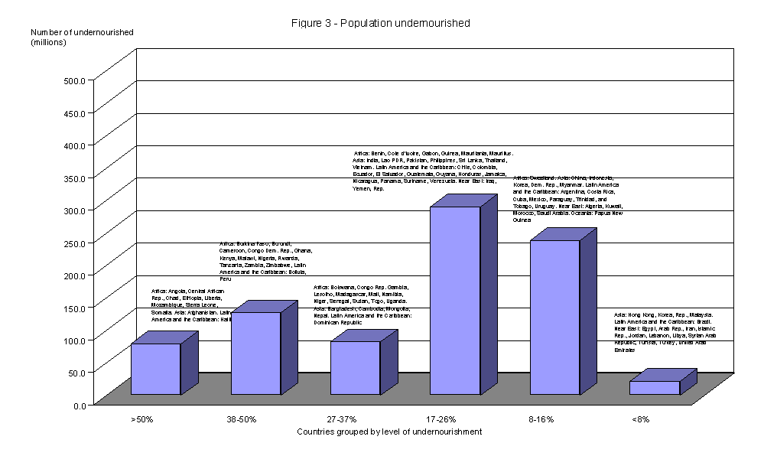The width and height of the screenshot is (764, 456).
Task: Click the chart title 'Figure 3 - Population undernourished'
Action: [380, 23]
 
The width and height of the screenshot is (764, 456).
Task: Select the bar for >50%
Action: [155, 369]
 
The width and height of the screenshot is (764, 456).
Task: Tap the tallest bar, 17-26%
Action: [455, 301]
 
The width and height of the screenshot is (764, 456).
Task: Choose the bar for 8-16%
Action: [554, 318]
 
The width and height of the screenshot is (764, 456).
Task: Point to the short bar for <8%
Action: [654, 388]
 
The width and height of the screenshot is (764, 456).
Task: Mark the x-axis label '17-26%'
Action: [442, 419]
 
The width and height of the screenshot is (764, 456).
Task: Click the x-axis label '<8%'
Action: [641, 419]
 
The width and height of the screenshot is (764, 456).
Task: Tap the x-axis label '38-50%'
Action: [242, 419]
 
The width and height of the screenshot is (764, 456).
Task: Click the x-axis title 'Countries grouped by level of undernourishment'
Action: [389, 432]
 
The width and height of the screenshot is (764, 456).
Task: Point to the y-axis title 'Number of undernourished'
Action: [82, 32]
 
